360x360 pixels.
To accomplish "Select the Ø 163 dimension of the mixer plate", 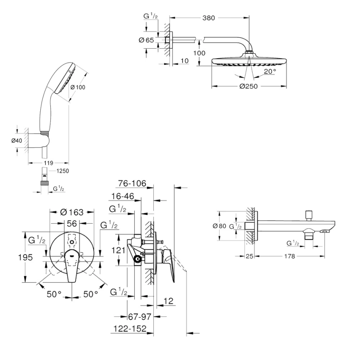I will point(72,212).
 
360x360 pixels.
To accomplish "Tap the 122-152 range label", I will point(130,329).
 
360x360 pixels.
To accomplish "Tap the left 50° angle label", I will point(54,294).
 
